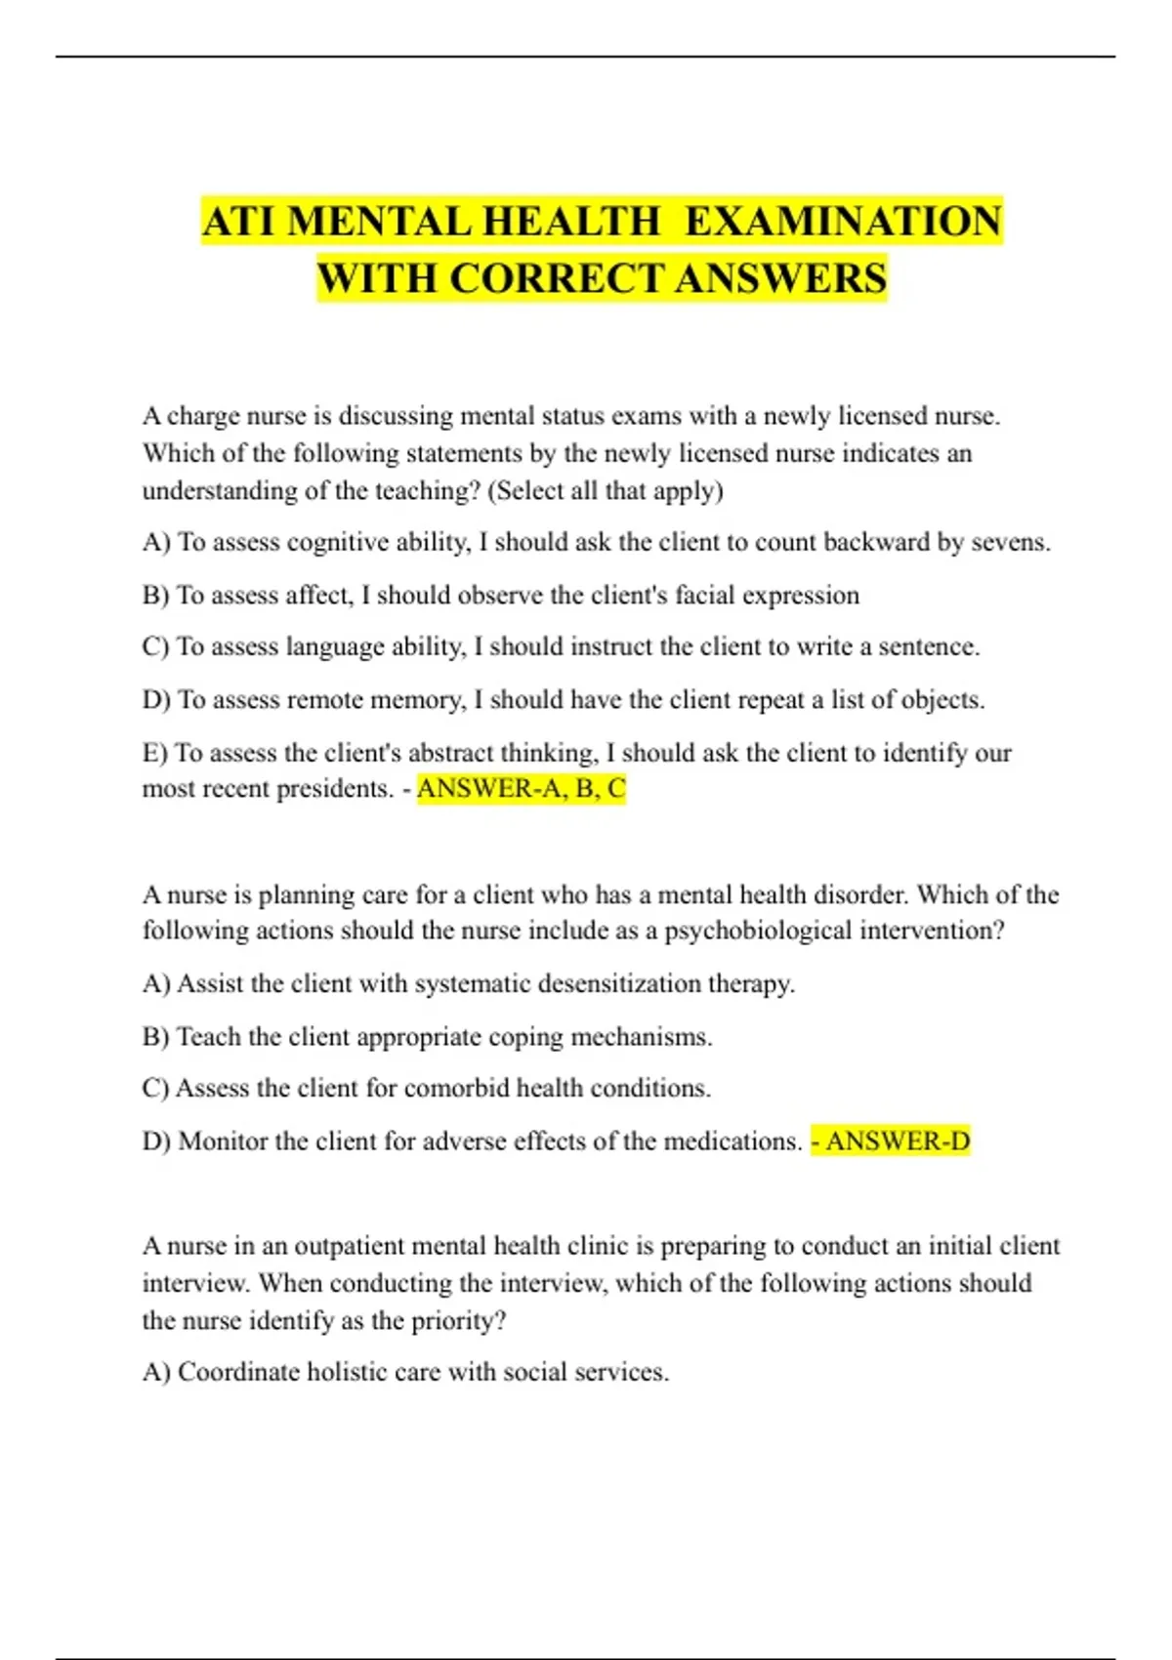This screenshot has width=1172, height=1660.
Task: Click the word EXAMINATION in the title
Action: (x=843, y=221)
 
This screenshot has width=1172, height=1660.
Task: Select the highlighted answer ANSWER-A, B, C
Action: (x=521, y=788)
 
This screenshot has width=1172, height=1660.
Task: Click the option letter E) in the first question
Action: (x=155, y=753)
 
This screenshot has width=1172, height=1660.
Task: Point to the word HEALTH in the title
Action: (x=571, y=221)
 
